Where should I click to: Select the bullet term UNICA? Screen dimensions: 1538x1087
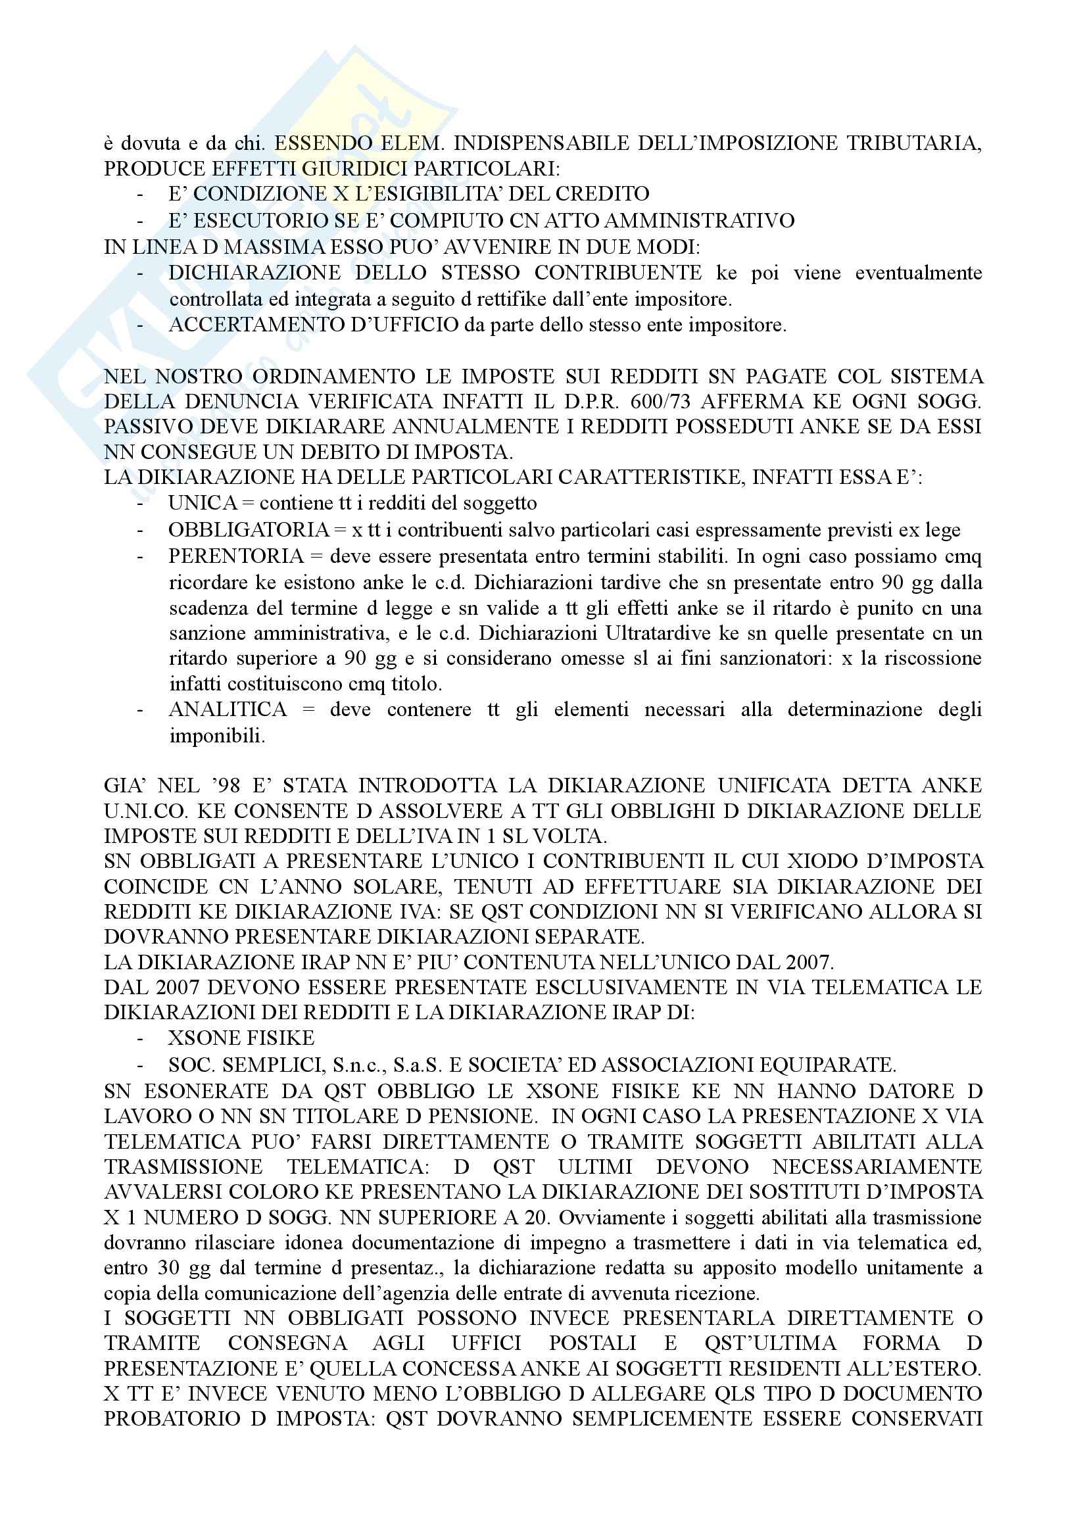coord(203,502)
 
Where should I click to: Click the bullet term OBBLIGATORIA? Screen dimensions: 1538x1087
coord(249,530)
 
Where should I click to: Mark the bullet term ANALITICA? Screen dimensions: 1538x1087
coord(228,709)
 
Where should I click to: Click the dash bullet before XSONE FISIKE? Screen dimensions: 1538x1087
coord(140,1038)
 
